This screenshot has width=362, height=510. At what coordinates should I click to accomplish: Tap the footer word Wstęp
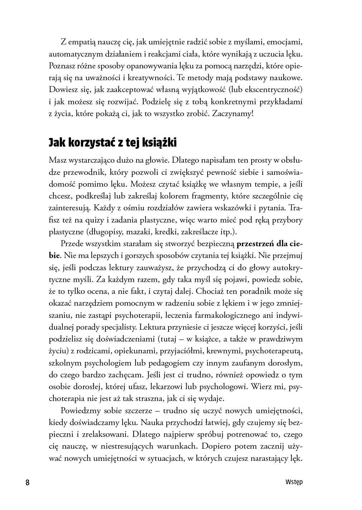(294, 482)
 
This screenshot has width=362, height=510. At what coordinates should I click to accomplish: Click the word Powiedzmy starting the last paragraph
(82, 410)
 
